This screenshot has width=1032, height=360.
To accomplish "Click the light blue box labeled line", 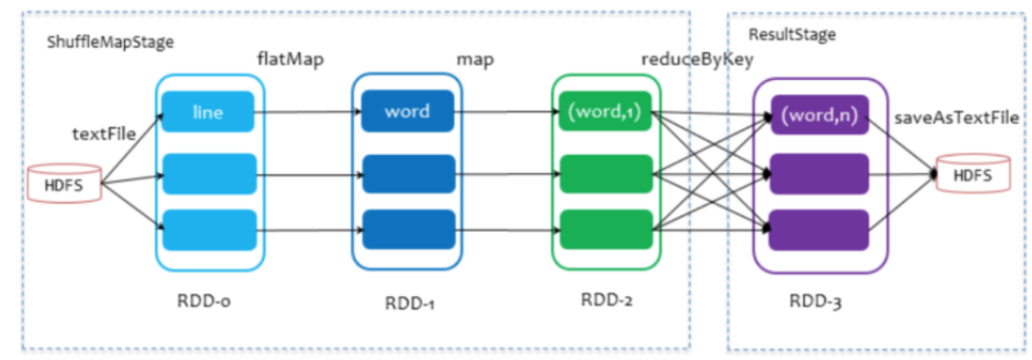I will coord(208,112).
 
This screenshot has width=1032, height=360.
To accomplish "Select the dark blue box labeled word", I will coord(408,112).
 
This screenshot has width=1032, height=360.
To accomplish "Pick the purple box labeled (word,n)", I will coord(820,116).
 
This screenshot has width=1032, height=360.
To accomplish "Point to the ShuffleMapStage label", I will coord(110,42).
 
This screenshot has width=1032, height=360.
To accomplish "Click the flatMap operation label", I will coord(290,60).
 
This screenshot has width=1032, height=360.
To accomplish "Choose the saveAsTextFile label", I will coord(956,119).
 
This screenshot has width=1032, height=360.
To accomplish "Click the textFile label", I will coord(104,135).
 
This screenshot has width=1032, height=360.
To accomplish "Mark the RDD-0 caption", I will coord(207,301).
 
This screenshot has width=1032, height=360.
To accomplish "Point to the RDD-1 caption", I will coord(408,303).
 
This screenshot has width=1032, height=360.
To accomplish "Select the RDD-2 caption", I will coord(606,301).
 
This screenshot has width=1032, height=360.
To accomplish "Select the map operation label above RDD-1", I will coord(476,60).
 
